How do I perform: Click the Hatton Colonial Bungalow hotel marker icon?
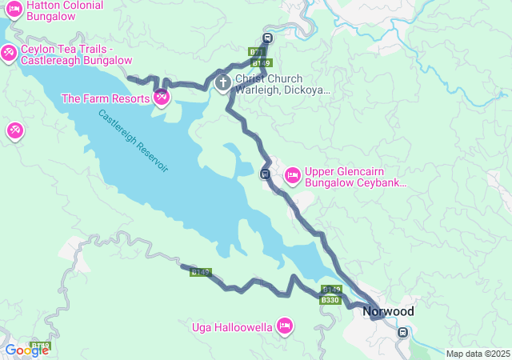(14, 10)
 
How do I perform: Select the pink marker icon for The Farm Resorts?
(162, 98)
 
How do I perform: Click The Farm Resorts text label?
(106, 98)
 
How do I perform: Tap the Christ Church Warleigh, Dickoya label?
(282, 85)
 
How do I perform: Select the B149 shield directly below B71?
(261, 62)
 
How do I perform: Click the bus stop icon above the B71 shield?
(267, 37)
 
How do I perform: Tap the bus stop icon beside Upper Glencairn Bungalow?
(265, 174)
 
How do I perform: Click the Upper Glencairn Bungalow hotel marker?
(292, 174)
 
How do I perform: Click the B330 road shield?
(330, 300)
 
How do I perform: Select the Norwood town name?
(388, 311)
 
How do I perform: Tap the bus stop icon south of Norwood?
(404, 332)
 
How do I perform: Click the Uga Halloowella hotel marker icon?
(284, 326)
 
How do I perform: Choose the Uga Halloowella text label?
(231, 326)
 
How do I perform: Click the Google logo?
(26, 350)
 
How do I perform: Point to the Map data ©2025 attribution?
(478, 354)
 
